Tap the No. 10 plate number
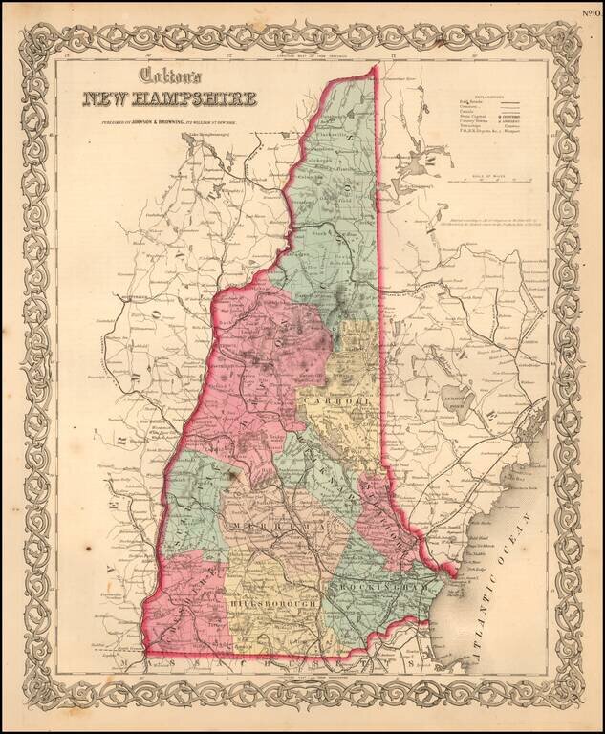592,12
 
